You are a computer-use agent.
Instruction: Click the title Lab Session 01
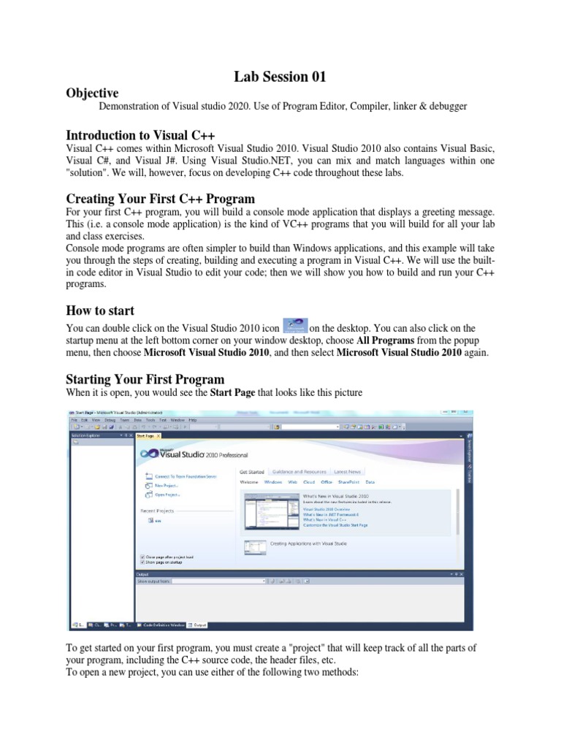tap(280, 76)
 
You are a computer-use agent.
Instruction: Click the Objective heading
tap(92, 93)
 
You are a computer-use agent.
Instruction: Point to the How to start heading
tap(100, 310)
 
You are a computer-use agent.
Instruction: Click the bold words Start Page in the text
tap(234, 393)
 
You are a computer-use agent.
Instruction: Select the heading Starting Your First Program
tap(145, 379)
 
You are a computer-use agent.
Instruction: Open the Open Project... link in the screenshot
tap(167, 495)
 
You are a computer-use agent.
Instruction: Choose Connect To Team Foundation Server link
tap(186, 476)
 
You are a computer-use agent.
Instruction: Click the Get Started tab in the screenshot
tap(252, 472)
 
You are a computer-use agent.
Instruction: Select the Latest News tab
tap(347, 472)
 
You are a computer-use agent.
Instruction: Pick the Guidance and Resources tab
tap(299, 472)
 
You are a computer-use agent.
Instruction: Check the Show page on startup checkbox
tap(142, 562)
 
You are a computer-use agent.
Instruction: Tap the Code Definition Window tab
tap(164, 625)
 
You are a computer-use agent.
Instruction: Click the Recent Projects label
tap(157, 511)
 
